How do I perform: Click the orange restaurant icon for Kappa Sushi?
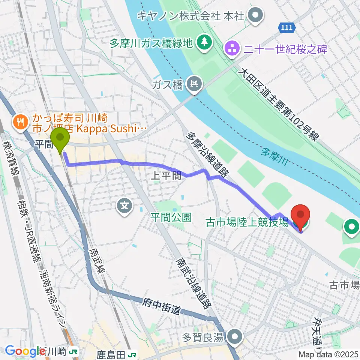click(19, 122)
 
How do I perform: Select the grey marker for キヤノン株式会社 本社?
click(256, 16)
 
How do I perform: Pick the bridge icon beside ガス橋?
click(195, 84)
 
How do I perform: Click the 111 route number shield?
click(288, 27)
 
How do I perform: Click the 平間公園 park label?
click(171, 217)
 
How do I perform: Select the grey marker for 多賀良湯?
click(235, 336)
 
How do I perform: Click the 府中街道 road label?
click(162, 307)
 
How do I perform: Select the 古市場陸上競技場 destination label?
click(247, 222)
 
